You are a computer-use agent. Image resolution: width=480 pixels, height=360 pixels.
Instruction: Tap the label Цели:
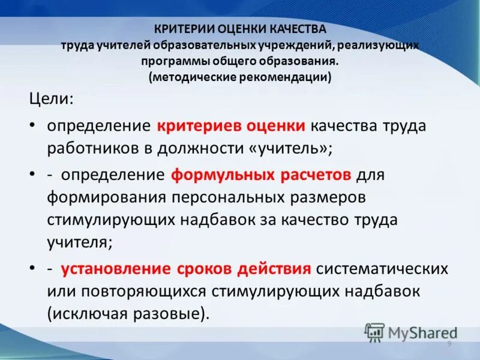point(52,99)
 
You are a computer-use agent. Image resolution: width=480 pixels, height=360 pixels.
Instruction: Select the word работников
point(92,148)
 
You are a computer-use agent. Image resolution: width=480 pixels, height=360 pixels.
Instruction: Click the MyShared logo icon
point(374,332)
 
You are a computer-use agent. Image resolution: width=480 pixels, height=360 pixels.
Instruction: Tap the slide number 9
point(449,343)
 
